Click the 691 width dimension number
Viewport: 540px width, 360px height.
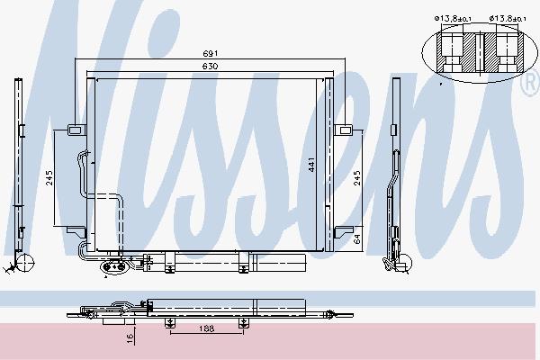click(210, 53)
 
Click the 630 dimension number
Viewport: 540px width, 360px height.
click(210, 66)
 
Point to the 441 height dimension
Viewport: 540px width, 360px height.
click(311, 165)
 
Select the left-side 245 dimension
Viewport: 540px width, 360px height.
click(49, 178)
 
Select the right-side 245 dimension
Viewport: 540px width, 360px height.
click(357, 178)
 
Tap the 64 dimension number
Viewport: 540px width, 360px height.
click(357, 238)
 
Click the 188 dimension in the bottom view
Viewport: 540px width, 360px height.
click(207, 328)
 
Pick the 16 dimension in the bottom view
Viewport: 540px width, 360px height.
click(130, 338)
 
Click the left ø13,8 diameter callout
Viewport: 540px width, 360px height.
click(453, 19)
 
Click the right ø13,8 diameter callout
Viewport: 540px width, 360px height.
click(508, 19)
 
